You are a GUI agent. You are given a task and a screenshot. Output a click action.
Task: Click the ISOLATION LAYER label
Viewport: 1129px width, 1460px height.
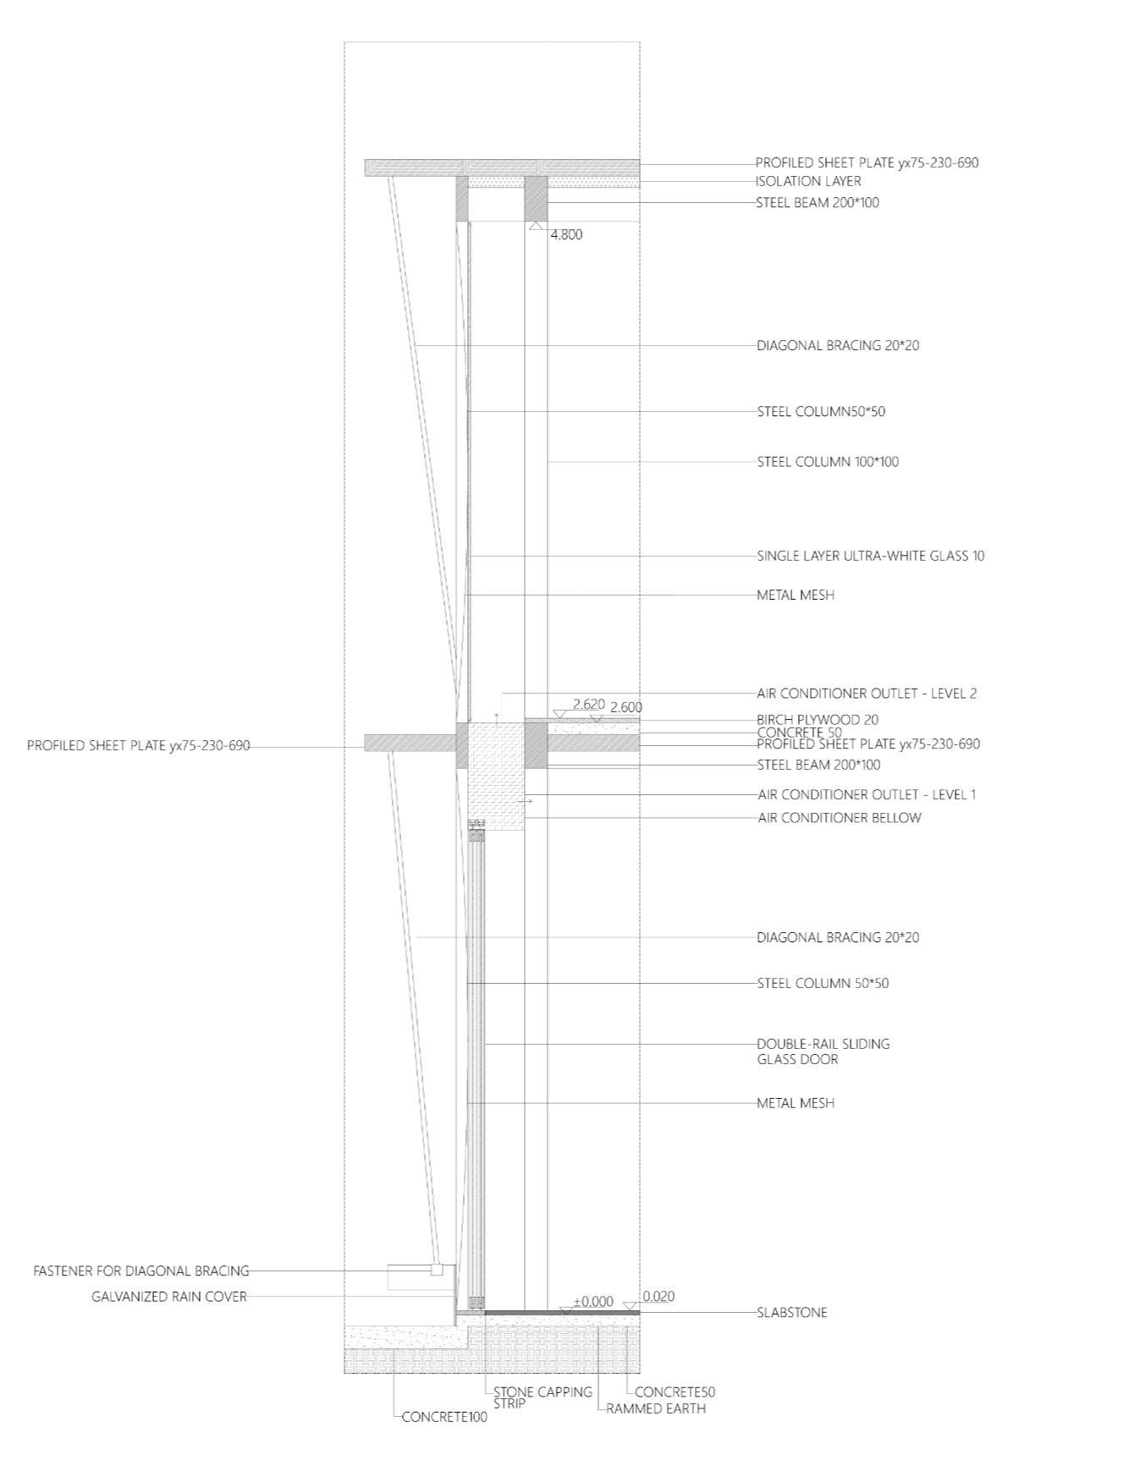coord(807,181)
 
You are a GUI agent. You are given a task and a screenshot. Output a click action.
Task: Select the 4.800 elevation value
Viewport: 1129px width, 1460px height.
coord(566,235)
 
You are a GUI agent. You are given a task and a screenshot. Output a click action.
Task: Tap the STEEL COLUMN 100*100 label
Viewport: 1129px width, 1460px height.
coord(827,462)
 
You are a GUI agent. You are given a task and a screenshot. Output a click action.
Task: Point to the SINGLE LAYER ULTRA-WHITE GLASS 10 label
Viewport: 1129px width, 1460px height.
coord(870,557)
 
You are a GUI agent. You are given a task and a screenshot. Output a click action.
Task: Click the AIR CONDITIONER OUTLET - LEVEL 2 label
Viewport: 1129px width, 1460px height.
coord(867,694)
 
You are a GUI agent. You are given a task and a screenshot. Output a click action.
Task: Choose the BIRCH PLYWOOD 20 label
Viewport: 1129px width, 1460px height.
coord(817,720)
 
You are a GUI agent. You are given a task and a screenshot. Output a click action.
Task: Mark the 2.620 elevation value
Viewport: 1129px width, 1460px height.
coord(588,704)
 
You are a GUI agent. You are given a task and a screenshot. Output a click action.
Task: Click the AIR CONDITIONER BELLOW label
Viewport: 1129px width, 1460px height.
coord(839,818)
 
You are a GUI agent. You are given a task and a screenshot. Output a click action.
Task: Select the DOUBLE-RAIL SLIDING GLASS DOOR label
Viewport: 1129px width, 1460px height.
coord(823,1051)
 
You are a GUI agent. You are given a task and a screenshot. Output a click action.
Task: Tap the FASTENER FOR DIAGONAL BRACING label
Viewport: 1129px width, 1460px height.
coord(141,1271)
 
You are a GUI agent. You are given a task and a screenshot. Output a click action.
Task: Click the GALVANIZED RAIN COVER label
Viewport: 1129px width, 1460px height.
coord(169,1296)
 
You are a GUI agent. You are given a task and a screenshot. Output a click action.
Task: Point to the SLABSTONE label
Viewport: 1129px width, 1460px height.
coord(791,1313)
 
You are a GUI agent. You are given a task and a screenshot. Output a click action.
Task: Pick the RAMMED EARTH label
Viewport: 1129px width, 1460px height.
coord(655,1408)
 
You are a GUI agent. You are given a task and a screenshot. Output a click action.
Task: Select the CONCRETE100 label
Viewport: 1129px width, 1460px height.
coord(444,1417)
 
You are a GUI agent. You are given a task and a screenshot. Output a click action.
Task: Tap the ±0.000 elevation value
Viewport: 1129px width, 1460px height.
coord(592,1302)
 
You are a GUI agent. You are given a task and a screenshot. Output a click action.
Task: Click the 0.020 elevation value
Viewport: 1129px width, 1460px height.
coord(658,1296)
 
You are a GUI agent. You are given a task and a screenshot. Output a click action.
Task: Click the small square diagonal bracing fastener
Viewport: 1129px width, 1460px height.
coord(437,1270)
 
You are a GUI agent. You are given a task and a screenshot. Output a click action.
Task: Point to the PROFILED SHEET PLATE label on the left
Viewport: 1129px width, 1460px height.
coord(138,746)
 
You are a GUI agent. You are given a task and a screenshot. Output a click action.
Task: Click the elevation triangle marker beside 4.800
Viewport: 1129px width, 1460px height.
coord(535,227)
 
